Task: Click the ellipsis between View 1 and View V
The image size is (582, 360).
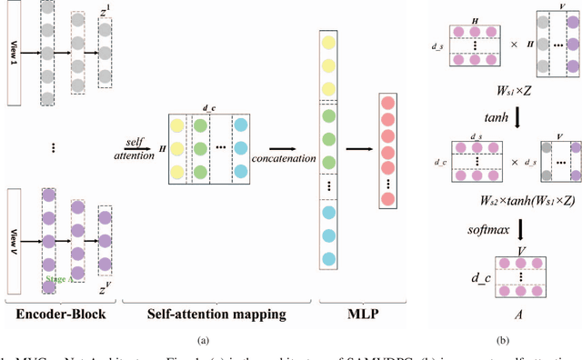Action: (54, 146)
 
